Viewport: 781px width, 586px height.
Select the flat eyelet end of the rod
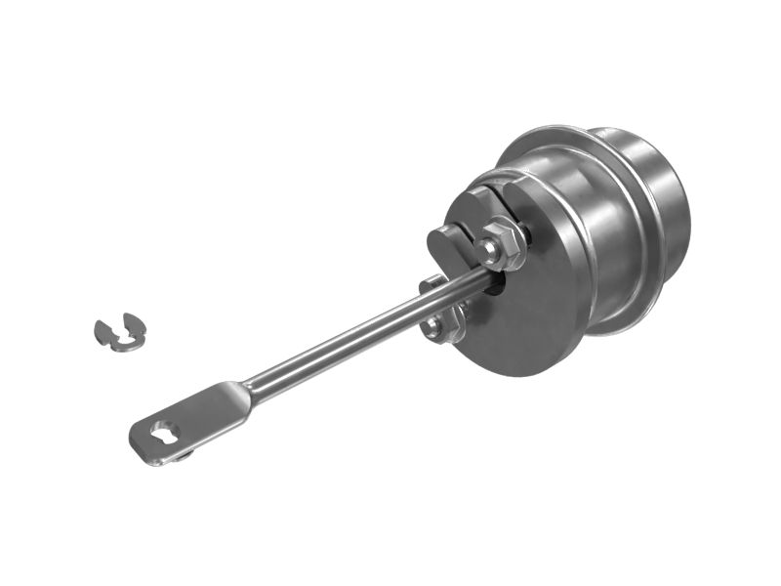[x=190, y=421]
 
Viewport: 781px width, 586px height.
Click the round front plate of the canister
[x=527, y=313]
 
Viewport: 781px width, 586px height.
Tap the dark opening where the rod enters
[x=499, y=283]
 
